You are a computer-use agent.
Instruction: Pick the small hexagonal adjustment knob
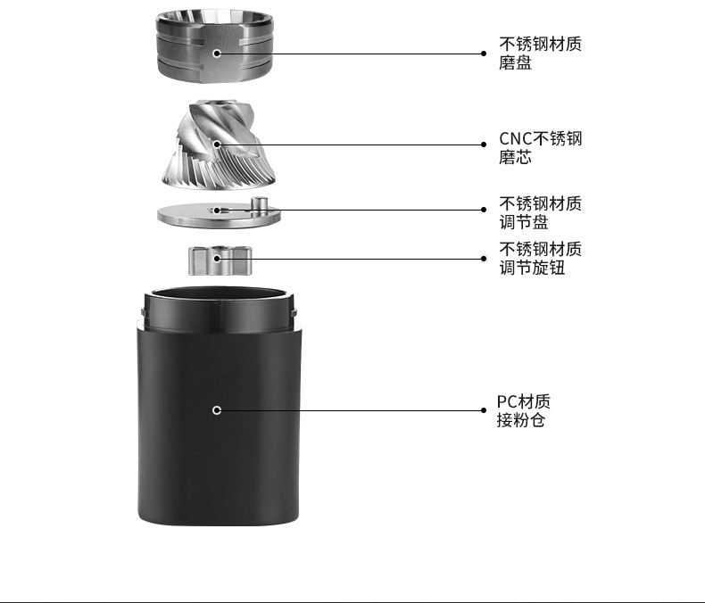pyautogui.click(x=220, y=260)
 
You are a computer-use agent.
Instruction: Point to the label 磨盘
pyautogui.click(x=515, y=63)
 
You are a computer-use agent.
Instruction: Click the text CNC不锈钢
pyautogui.click(x=540, y=139)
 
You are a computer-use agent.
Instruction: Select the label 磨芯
pyautogui.click(x=515, y=158)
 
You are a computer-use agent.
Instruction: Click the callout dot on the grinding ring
pyautogui.click(x=217, y=54)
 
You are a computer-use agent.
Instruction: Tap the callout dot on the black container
pyautogui.click(x=217, y=409)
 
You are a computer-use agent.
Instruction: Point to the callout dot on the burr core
pyautogui.click(x=217, y=144)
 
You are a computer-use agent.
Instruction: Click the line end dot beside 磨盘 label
pyautogui.click(x=484, y=54)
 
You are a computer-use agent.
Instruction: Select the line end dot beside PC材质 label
pyautogui.click(x=484, y=410)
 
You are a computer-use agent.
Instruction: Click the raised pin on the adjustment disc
pyautogui.click(x=261, y=204)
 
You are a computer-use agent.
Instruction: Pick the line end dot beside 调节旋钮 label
pyautogui.click(x=484, y=259)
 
